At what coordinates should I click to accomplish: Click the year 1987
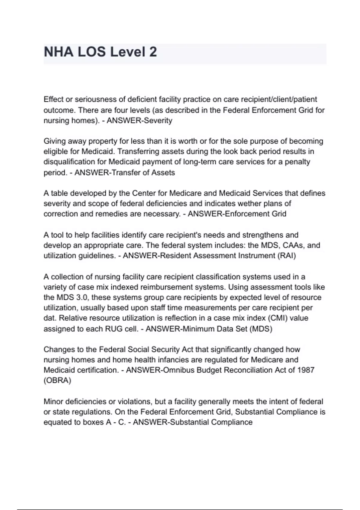point(306,370)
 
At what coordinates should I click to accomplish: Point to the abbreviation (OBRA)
point(57,380)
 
